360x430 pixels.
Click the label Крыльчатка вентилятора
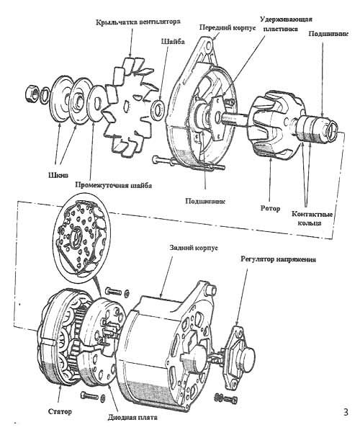click(x=140, y=23)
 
